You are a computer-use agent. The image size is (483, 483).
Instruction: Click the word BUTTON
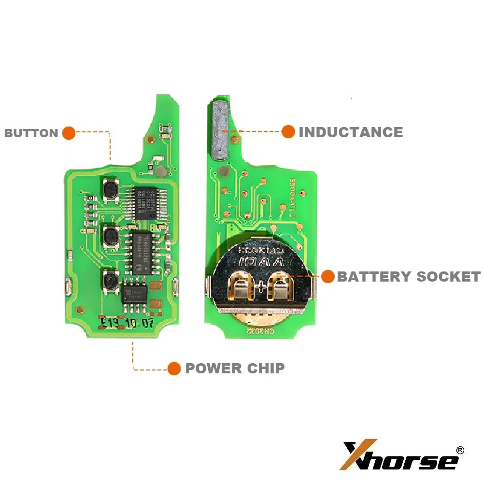pyautogui.click(x=31, y=133)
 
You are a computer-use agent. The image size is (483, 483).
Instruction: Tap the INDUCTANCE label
pyautogui.click(x=351, y=132)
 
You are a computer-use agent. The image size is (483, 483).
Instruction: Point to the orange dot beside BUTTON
pyautogui.click(x=69, y=133)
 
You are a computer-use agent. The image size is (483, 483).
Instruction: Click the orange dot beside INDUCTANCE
pyautogui.click(x=288, y=132)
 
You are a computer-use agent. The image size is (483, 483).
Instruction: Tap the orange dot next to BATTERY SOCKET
pyautogui.click(x=328, y=276)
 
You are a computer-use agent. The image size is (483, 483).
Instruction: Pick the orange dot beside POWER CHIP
pyautogui.click(x=174, y=369)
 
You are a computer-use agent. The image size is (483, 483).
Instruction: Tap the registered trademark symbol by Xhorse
pyautogui.click(x=460, y=450)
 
